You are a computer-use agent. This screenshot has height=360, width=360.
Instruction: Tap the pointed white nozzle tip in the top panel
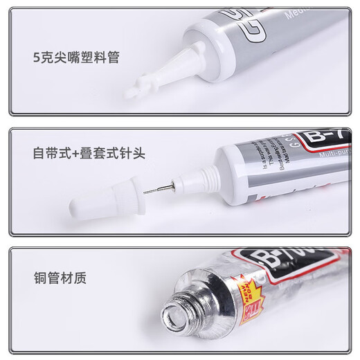click(138, 86)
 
